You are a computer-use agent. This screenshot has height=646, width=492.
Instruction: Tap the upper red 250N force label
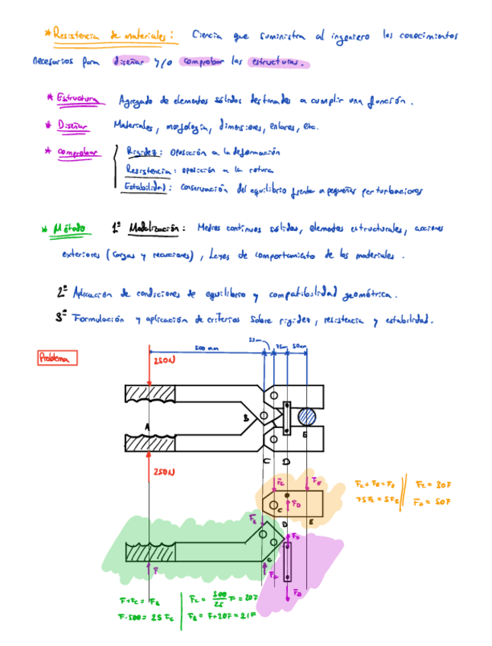164,360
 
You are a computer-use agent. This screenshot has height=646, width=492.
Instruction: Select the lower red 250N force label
164,472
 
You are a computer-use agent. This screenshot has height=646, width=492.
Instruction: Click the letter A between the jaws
148,427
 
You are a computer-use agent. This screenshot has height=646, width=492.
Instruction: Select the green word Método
69,227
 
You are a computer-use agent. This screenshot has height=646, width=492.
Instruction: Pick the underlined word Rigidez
142,152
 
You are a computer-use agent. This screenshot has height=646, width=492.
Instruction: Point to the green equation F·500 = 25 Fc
149,617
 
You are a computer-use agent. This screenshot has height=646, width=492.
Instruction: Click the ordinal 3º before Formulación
62,318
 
